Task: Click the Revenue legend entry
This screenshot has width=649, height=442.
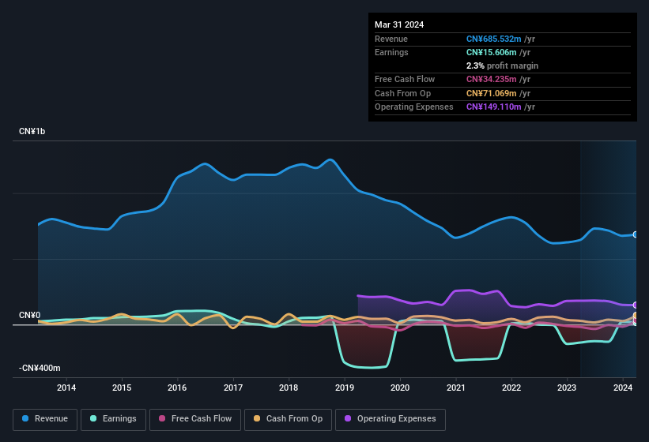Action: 46,419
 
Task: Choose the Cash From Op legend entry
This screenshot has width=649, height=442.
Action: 288,419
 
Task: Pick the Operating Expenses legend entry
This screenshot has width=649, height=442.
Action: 391,419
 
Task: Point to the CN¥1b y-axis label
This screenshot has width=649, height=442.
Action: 32,132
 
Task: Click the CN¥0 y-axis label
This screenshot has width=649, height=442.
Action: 30,316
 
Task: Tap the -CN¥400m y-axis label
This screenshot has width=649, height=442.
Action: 40,369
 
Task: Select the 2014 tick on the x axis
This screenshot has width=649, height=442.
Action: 66,388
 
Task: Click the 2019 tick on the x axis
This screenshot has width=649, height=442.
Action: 345,388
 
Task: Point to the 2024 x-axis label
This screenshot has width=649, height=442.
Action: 623,388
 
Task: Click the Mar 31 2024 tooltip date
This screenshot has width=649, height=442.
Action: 399,24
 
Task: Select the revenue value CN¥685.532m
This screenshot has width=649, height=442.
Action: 494,39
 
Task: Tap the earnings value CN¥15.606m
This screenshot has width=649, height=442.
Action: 492,52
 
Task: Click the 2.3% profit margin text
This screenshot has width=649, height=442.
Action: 502,66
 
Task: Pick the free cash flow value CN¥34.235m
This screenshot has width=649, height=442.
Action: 492,79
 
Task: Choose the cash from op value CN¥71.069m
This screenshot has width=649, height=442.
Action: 492,93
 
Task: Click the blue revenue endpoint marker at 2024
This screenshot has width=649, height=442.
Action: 636,234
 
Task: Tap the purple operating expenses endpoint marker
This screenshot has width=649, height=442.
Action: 636,305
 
